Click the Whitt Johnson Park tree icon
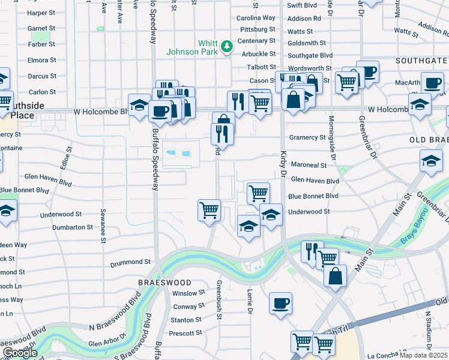coord(226,46)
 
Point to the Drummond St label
coord(130,262)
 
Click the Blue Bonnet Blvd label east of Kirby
coord(313,196)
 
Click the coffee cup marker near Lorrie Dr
coord(280,303)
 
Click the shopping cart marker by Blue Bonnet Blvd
coord(258,193)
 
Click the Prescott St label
coord(185,333)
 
